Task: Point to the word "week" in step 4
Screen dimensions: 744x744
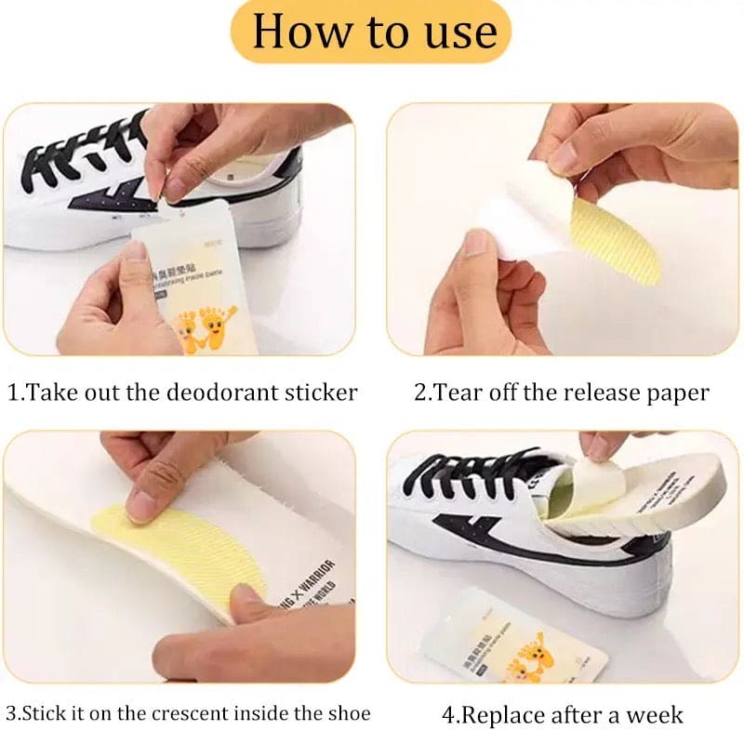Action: pos(656,715)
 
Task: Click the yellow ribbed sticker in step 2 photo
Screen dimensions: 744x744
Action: pos(616,239)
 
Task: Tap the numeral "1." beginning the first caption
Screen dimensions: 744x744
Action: pos(14,392)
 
